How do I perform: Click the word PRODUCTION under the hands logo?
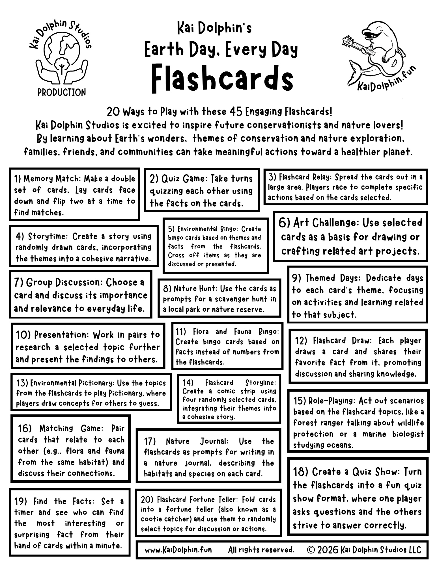[x=62, y=92]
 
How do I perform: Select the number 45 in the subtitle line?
[x=235, y=112]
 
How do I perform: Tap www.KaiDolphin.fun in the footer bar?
[x=178, y=550]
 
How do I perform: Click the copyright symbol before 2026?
[x=310, y=550]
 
